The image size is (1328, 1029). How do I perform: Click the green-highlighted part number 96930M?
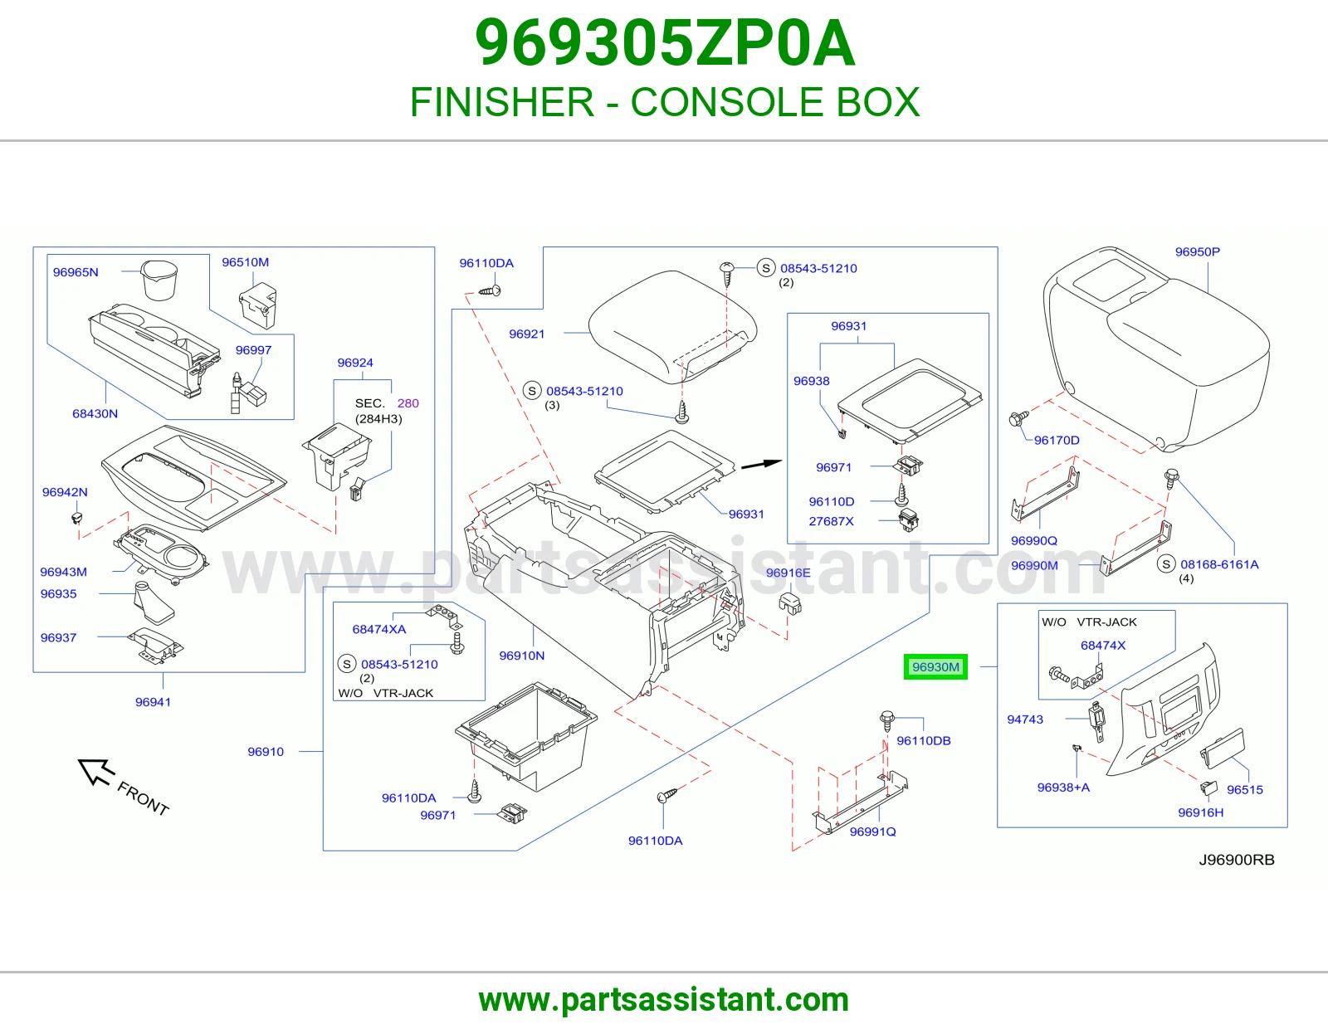pos(935,666)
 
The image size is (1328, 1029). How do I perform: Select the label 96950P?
pos(1197,251)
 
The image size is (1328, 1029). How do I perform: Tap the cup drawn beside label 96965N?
pos(159,280)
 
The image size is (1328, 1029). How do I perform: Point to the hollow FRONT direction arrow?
pos(96,771)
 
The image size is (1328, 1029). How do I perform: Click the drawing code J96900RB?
pos(1237,860)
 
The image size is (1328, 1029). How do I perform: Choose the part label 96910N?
pos(521,656)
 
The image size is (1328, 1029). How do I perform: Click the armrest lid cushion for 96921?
pos(672,327)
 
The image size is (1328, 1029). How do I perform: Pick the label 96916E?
pos(788,573)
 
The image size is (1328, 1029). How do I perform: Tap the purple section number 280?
pos(408,403)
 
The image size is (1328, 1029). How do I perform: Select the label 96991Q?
pos(872,831)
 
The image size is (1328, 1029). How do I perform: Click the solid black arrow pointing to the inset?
pos(761,465)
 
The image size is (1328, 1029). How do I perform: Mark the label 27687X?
pos(831,521)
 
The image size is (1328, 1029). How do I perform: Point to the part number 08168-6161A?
pos(1219,564)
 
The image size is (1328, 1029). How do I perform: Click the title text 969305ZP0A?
pos(665,43)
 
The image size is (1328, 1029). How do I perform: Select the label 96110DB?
pos(924,740)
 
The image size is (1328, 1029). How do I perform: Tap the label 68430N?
pos(95,414)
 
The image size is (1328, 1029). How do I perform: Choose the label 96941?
pos(153,702)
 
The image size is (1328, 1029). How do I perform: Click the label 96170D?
pos(1057,440)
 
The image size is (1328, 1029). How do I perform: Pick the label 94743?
pos(1025,719)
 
